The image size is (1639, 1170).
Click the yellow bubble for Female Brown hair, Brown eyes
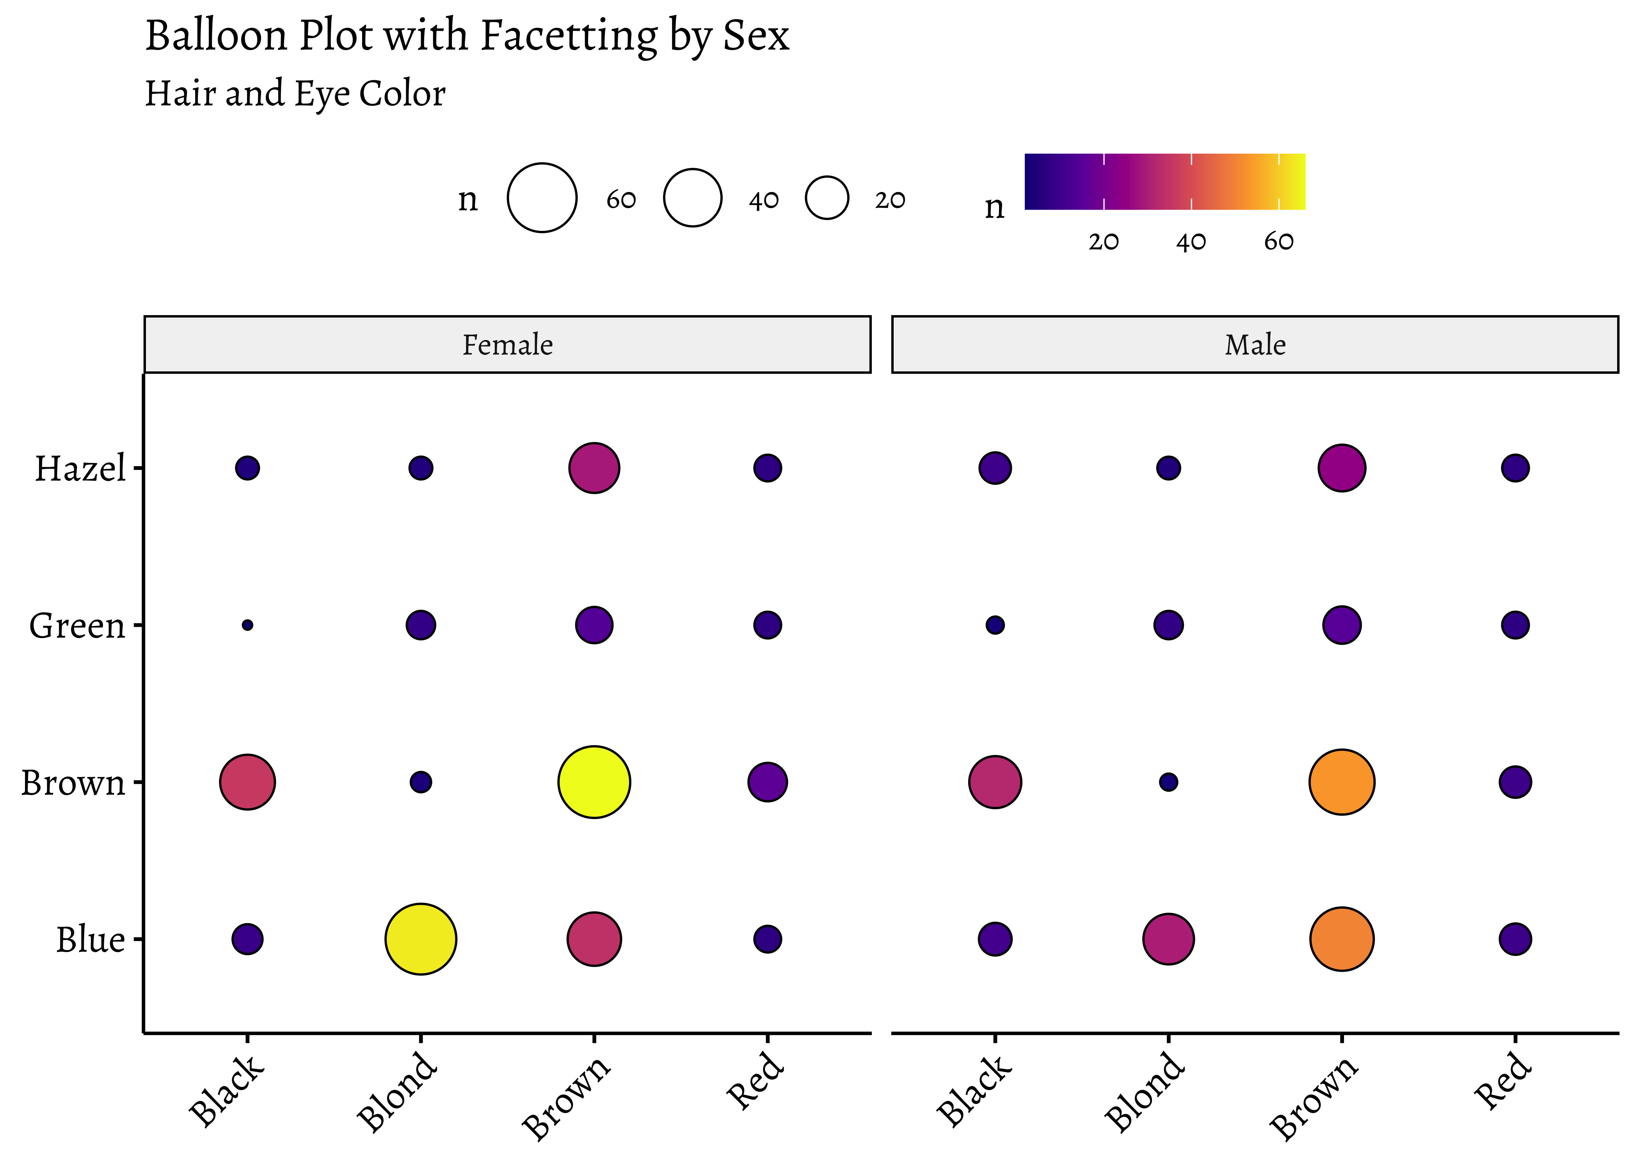594,782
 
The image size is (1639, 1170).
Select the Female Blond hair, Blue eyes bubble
421,939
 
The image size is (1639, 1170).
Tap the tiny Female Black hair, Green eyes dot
247,625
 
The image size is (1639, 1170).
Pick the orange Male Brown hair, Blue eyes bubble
1341,939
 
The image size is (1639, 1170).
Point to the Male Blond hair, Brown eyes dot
1168,782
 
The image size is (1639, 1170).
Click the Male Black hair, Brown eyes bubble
995,782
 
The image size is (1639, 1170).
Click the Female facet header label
507,345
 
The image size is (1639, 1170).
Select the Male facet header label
1255,345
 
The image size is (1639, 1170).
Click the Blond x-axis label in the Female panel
397,1092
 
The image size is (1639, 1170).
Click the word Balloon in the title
216,36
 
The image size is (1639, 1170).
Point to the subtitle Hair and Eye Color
295,94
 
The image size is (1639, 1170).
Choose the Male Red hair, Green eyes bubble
1515,625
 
